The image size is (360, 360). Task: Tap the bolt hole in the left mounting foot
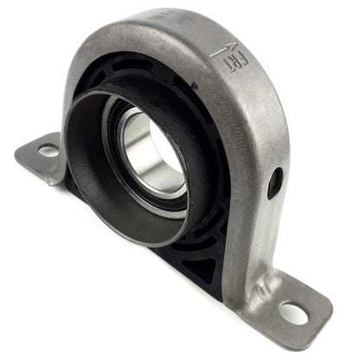(48, 151)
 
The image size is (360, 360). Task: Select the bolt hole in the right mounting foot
(293, 312)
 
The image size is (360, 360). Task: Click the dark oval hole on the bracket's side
(274, 183)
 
